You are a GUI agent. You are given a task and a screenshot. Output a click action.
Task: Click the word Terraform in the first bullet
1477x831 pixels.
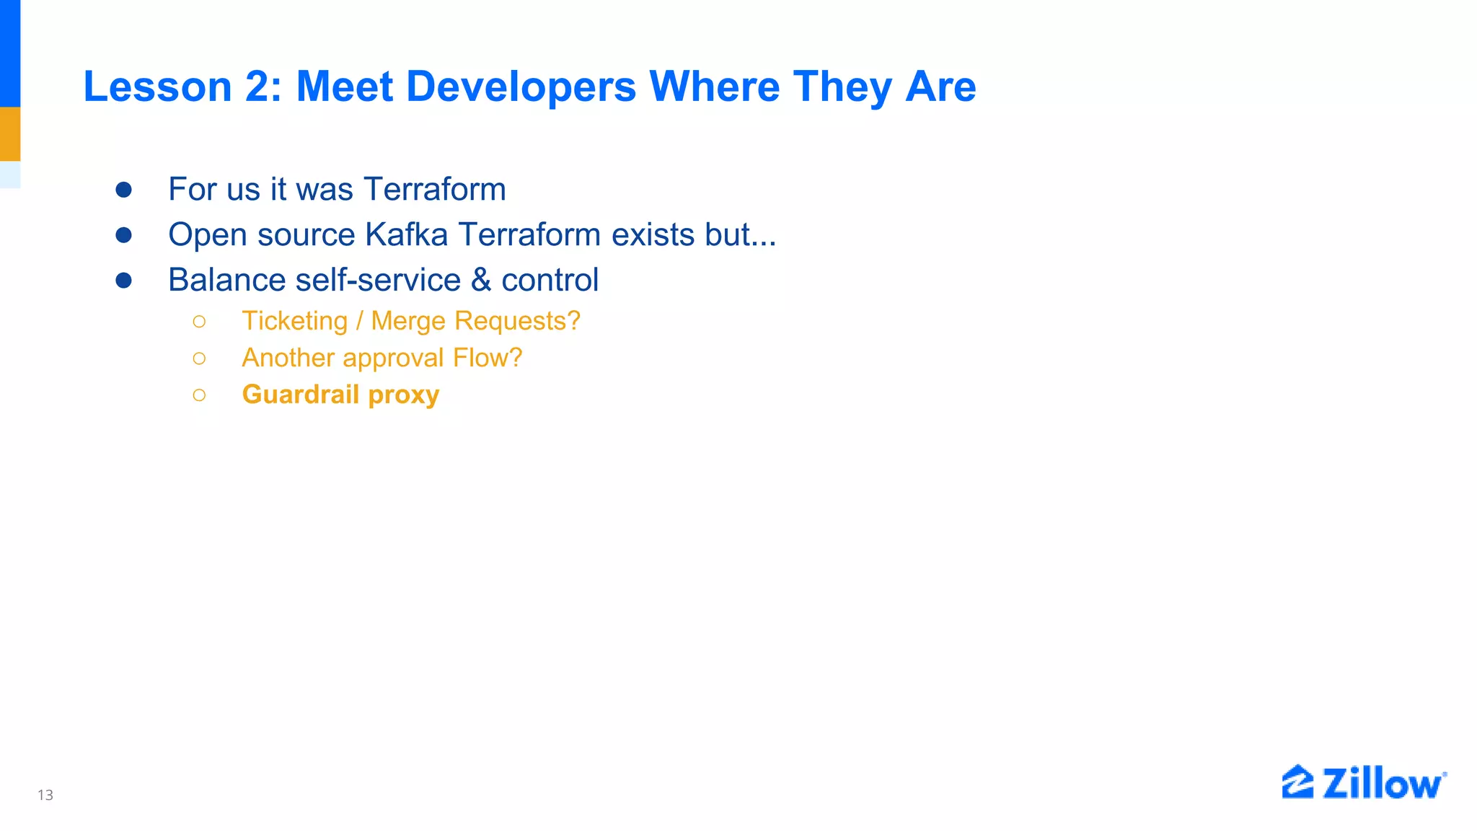(435, 189)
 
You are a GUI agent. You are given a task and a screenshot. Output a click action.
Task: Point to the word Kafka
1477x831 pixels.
(406, 234)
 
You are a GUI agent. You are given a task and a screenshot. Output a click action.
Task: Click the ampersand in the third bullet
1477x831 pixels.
(481, 280)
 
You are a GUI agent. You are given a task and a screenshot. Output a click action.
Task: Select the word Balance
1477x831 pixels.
(226, 280)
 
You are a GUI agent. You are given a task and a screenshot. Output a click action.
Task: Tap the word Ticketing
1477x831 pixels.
(294, 321)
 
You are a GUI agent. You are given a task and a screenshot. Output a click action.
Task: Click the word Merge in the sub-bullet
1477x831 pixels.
(408, 321)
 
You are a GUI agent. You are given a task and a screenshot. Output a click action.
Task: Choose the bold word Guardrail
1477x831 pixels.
(300, 395)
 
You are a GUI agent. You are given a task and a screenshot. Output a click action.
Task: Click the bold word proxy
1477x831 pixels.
(403, 395)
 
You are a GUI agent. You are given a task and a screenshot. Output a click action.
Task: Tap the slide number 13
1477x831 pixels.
(45, 795)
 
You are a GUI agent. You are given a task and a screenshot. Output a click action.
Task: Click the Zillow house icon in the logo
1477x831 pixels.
(1297, 782)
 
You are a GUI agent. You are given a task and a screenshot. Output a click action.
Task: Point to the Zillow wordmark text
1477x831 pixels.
(1383, 784)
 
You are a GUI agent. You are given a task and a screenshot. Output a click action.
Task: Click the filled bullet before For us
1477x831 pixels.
(124, 190)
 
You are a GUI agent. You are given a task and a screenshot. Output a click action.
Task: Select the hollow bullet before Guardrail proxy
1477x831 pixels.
(200, 395)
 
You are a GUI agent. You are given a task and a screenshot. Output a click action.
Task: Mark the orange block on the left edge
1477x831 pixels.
(10, 134)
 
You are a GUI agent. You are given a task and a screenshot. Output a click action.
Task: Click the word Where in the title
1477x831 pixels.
(715, 87)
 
